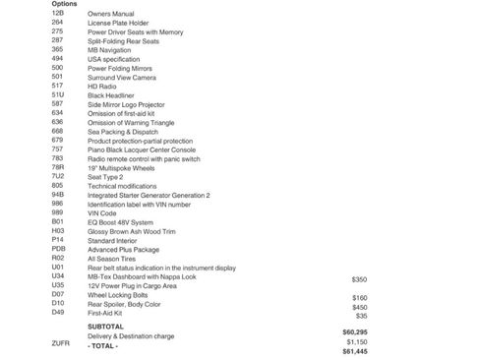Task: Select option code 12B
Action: (57, 13)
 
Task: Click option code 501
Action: (57, 75)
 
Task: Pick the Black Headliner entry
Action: (112, 93)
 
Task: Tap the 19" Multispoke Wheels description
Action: (123, 167)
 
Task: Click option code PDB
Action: (58, 250)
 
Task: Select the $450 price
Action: (359, 307)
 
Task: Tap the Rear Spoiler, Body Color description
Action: (125, 305)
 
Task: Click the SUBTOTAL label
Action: (105, 326)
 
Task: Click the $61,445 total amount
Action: (354, 350)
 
